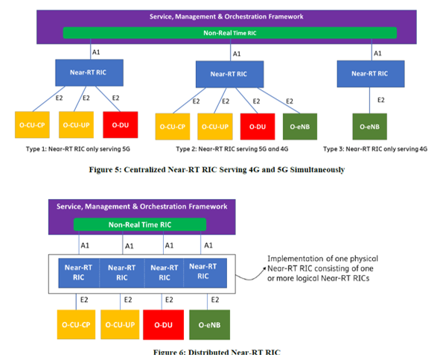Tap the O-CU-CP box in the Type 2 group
(174, 127)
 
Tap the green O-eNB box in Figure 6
(208, 324)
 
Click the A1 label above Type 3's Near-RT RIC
(377, 53)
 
